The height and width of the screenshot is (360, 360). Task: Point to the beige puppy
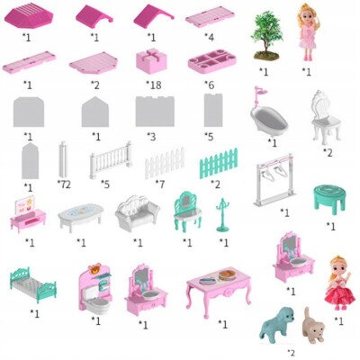(314, 326)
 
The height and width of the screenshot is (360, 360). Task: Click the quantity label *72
(64, 184)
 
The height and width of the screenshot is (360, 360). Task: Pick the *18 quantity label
(154, 85)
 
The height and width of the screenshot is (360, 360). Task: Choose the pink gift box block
(151, 61)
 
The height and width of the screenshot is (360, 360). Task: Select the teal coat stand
(222, 215)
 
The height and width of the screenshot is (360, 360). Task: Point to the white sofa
(137, 212)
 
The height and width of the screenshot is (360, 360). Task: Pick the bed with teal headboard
(33, 284)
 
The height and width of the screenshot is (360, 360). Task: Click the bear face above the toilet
(94, 269)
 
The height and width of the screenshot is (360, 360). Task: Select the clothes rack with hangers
(274, 180)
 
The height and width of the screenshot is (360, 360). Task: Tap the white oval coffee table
(81, 217)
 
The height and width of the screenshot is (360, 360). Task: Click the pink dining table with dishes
(219, 290)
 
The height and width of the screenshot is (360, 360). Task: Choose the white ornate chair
(326, 117)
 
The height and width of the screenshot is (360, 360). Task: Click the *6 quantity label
(210, 85)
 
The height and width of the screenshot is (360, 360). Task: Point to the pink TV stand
(28, 214)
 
